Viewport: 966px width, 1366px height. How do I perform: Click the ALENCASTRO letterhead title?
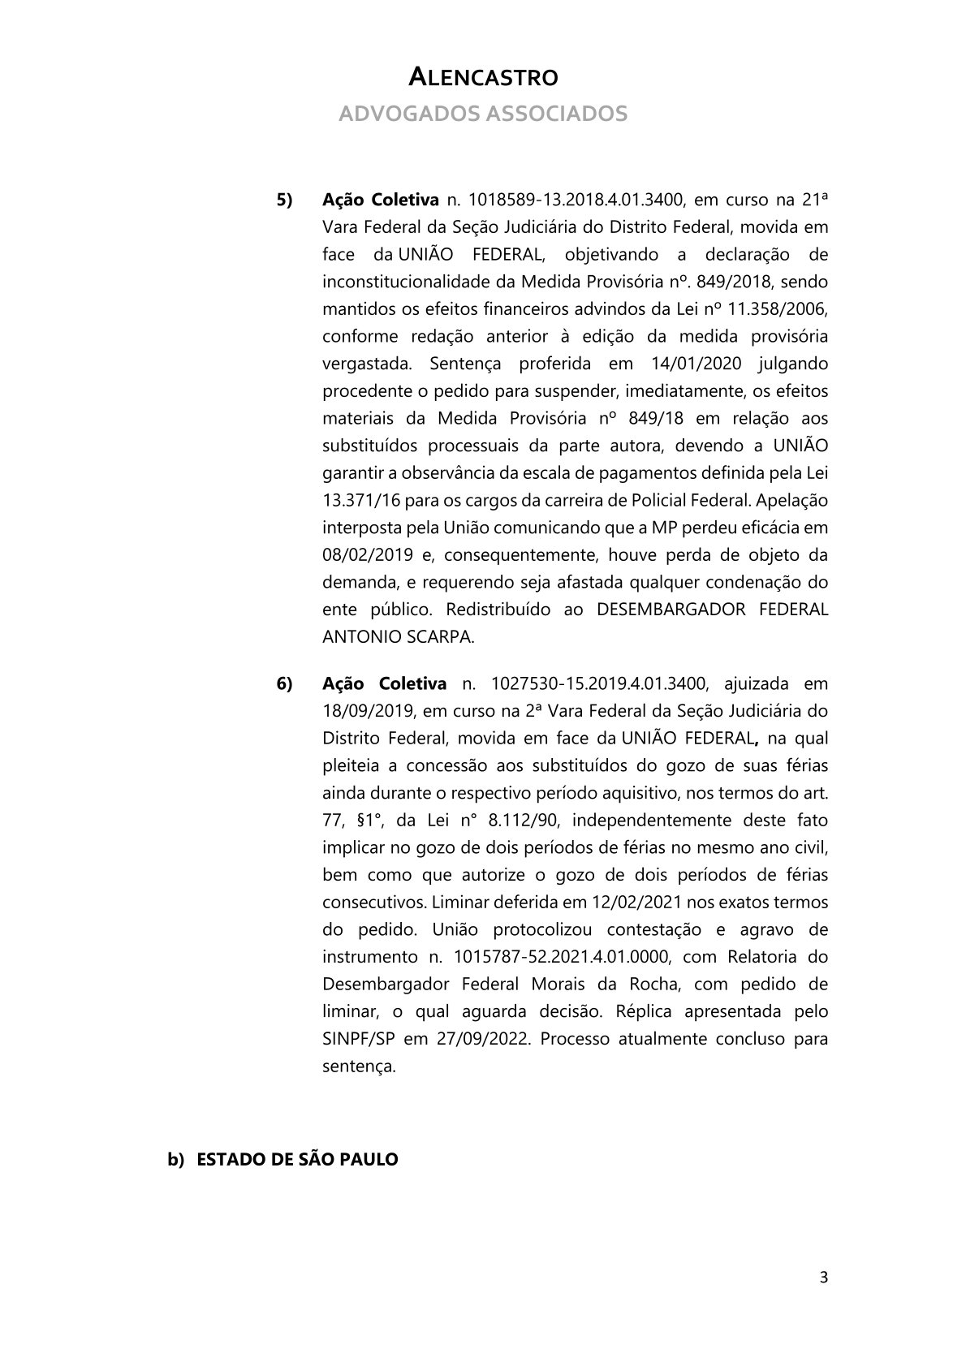click(x=482, y=78)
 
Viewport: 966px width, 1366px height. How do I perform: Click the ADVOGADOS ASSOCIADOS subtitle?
click(x=482, y=114)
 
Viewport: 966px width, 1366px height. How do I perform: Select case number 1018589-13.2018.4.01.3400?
click(x=573, y=200)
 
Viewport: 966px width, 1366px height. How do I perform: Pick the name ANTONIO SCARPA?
click(x=397, y=637)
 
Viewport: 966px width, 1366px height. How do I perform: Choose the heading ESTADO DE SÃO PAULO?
click(x=297, y=1160)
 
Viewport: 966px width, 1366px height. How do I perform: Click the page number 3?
click(x=823, y=1278)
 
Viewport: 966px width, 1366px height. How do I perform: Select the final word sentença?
click(x=359, y=1067)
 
